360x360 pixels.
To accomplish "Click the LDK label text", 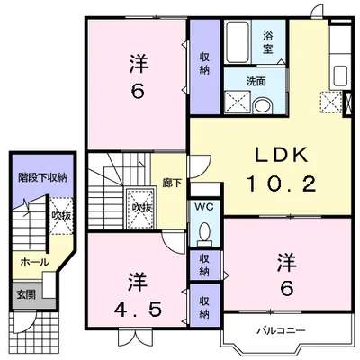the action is point(281,155).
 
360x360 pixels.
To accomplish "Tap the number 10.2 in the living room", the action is point(281,184).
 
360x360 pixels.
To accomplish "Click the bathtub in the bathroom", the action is point(238,41).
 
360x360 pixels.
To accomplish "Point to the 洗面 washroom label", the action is point(256,82).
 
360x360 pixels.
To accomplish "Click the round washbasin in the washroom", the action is point(263,106).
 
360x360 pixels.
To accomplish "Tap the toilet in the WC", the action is point(205,231).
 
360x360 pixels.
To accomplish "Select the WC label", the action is point(204,207).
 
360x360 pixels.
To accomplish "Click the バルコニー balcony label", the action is point(282,331).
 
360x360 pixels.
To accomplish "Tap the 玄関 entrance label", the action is point(26,294).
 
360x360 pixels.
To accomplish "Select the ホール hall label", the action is point(34,263).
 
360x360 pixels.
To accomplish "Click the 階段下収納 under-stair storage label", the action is point(42,178).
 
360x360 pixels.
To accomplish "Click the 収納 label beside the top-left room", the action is point(204,63).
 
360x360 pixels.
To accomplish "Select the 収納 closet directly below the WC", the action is point(204,265).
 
